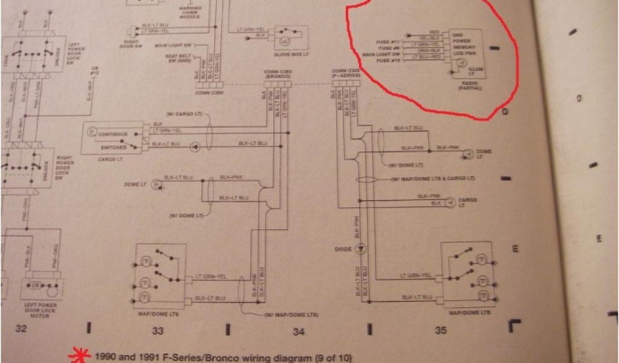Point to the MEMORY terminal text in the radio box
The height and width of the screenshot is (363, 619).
coord(464,47)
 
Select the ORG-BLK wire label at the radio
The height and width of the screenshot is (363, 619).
coord(426,50)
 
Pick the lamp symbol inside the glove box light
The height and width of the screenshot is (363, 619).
coord(284,38)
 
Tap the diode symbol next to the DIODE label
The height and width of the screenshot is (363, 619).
coord(361,248)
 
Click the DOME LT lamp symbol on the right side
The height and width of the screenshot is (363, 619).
coord(467,155)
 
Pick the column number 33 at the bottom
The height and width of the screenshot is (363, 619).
coord(157,330)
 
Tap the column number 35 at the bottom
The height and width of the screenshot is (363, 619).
coord(440,330)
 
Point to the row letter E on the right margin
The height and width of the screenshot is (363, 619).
coord(515,248)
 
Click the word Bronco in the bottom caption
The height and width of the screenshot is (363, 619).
coord(206,357)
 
